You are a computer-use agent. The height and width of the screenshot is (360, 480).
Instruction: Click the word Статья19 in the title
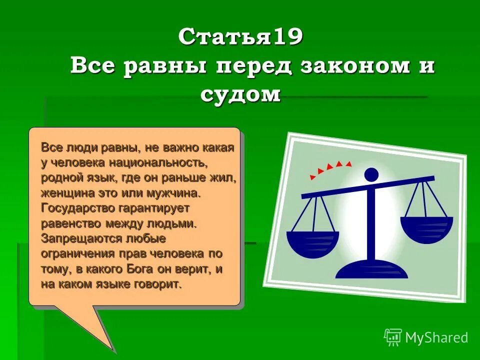click(x=240, y=37)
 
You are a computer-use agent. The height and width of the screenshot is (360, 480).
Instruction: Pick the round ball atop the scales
click(x=371, y=174)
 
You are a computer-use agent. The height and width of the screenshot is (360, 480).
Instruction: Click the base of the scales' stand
click(x=371, y=270)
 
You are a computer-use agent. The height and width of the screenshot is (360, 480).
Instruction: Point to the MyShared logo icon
click(x=392, y=337)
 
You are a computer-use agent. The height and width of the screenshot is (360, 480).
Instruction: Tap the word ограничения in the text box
click(x=78, y=253)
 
